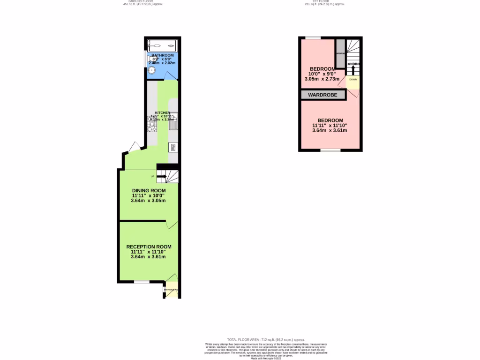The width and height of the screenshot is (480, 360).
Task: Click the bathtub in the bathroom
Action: coord(162,46)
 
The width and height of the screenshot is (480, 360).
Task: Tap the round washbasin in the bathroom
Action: coord(151,70)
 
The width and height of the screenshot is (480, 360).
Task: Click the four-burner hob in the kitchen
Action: coord(152,125)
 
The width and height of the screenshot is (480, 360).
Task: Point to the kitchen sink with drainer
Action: coord(173,120)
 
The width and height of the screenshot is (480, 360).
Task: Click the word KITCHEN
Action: coord(163,113)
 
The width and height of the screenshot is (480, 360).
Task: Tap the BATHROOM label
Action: coord(162,55)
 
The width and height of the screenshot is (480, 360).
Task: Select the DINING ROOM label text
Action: coord(149,190)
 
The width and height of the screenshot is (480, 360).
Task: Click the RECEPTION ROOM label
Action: coord(149,247)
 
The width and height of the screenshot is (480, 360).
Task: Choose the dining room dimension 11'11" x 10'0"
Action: coord(149,195)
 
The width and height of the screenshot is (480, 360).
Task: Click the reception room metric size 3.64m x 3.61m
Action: coord(149,257)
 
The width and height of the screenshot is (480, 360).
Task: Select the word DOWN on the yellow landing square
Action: coord(353,79)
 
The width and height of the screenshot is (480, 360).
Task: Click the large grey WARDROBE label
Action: coord(323,95)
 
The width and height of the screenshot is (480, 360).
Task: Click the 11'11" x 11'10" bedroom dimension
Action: coord(330,125)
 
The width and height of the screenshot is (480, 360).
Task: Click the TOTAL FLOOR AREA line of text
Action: coord(266,339)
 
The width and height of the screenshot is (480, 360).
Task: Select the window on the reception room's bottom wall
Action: coord(142,282)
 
